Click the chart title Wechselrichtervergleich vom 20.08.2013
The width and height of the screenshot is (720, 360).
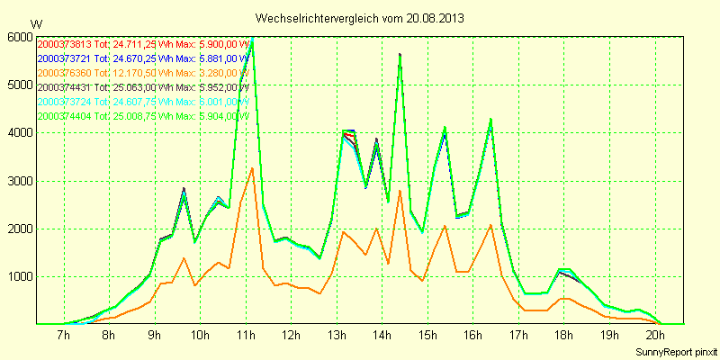point(360,18)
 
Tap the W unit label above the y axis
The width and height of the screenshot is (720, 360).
point(36,23)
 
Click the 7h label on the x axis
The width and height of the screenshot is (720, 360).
point(63,336)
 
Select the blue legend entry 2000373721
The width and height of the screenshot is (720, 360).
point(65,58)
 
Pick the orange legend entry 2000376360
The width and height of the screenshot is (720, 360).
point(65,73)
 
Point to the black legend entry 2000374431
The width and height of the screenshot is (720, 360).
point(65,87)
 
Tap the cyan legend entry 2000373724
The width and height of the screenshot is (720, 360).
point(65,102)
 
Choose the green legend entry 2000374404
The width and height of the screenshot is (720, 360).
point(65,116)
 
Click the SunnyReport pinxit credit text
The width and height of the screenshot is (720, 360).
point(675,351)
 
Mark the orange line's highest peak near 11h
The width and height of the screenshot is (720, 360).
point(253,167)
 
